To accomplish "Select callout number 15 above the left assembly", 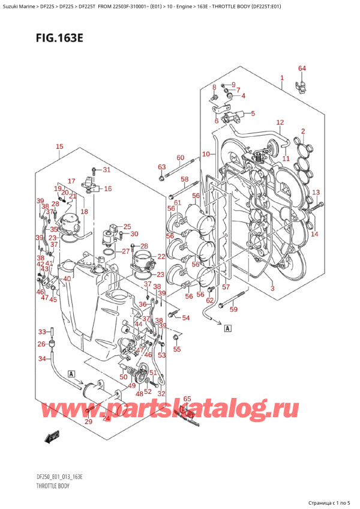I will tap(59, 146).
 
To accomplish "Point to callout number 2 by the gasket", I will tap(303, 131).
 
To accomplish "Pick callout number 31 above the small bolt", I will tap(107, 169).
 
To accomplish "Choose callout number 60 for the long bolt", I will tap(180, 158).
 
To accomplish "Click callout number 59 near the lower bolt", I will tap(234, 310).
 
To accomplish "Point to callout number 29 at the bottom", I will tap(89, 423).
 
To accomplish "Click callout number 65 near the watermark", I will tap(187, 399).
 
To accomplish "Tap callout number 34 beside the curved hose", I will tap(41, 359).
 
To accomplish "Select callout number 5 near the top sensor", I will tap(252, 113).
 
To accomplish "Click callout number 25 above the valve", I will tap(127, 226).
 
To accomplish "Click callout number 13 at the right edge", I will tap(316, 192).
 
